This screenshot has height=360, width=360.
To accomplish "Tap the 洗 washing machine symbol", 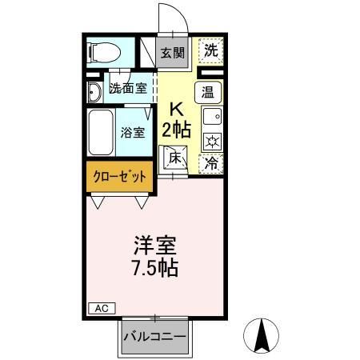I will pos(210,50).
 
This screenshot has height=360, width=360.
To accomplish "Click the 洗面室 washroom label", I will pos(128,89).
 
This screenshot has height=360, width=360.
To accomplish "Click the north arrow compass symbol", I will pos(262,335).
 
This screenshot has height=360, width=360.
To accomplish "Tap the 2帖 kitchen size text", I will pos(177,130).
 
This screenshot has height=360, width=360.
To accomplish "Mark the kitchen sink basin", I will pos(211,117).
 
